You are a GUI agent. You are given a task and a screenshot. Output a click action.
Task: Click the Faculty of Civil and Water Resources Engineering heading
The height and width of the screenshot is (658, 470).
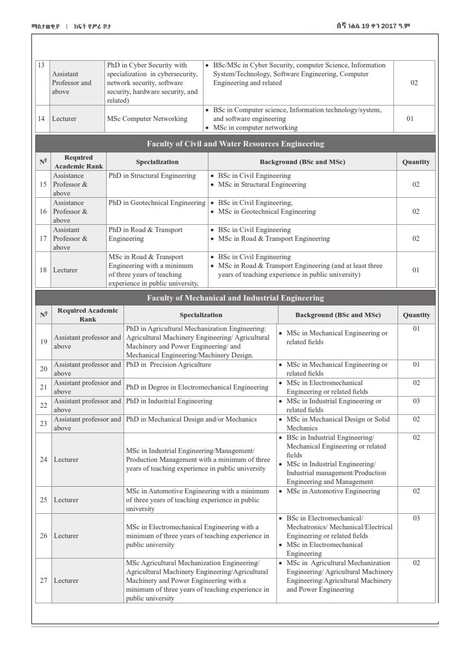coord(235,144)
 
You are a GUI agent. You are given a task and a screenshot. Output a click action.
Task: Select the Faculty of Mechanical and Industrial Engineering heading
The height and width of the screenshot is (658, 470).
coord(235,298)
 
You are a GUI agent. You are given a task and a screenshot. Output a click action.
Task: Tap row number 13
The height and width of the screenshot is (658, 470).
coord(41,65)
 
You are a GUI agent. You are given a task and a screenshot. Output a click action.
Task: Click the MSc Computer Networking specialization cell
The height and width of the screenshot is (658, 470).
coord(147,119)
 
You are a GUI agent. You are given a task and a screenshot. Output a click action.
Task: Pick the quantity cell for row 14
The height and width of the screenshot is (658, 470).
coord(410,119)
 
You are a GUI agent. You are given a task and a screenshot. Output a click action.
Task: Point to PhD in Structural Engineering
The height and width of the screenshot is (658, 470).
coord(152,176)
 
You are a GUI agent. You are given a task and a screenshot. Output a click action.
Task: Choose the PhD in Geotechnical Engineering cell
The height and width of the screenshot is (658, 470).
coord(157,203)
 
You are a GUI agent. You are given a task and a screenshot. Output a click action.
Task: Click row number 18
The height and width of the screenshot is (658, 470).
coord(43,270)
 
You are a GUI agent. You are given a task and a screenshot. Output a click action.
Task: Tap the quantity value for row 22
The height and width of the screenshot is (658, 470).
coord(416,401)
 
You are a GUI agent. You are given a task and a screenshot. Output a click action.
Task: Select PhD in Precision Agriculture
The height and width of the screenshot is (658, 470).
coord(168,365)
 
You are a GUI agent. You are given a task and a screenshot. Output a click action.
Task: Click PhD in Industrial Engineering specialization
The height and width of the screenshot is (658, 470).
coord(169,401)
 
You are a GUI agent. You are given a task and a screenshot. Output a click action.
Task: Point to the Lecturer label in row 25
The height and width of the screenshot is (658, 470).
coord(66,500)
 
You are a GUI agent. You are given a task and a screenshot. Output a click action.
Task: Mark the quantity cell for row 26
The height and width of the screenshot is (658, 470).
coord(416,518)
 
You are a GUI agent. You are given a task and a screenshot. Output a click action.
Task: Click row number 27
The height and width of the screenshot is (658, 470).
coord(43,581)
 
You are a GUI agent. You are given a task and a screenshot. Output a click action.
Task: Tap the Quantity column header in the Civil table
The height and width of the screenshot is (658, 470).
coord(416,162)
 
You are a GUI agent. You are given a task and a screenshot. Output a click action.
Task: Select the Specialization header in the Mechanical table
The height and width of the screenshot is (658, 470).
coord(201,315)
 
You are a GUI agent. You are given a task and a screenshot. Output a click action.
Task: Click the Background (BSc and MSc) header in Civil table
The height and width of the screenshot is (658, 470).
coord(302,162)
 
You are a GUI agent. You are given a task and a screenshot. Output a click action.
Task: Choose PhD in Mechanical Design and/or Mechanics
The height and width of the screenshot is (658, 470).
coord(191,419)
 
